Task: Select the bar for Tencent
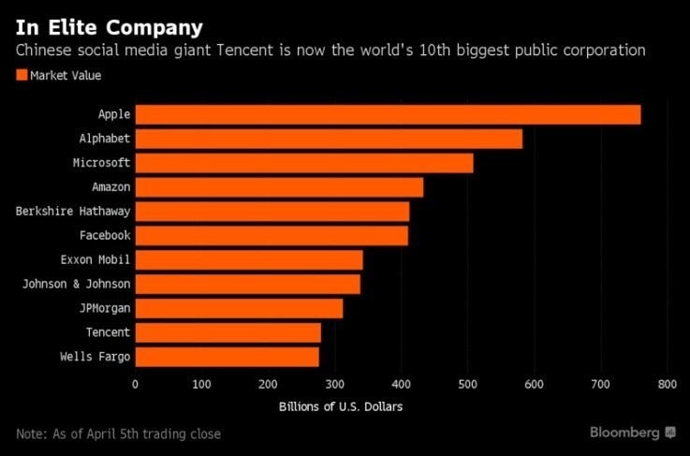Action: (x=228, y=332)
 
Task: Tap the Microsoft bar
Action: (x=304, y=163)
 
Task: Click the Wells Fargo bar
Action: (x=227, y=357)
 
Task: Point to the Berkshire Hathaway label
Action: (x=73, y=212)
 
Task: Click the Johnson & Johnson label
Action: (x=78, y=284)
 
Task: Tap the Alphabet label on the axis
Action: (x=105, y=139)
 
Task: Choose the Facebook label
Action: (x=105, y=235)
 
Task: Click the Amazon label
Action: (x=111, y=187)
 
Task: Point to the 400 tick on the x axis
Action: (x=401, y=384)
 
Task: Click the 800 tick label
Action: (x=667, y=384)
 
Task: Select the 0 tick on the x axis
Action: (x=135, y=384)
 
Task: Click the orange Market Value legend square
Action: (x=22, y=75)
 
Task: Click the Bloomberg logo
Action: (x=632, y=433)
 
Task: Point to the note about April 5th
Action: (x=118, y=434)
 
